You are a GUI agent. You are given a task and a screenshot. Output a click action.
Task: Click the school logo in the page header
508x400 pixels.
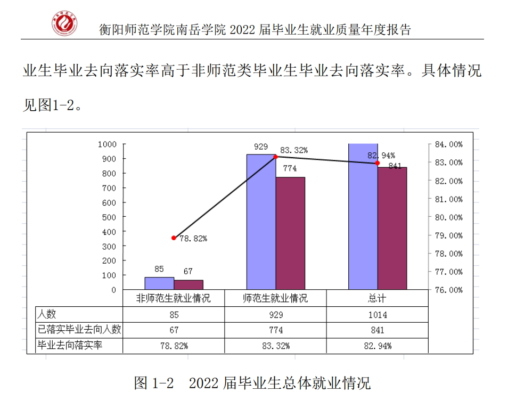point(64,23)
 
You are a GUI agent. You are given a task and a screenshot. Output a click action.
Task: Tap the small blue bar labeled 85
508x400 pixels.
point(159,283)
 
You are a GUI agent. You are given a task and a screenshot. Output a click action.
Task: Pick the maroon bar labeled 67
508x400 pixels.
point(189,285)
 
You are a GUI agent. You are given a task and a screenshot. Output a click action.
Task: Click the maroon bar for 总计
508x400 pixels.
point(392,228)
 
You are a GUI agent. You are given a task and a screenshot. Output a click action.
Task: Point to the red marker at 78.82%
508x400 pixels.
point(174,238)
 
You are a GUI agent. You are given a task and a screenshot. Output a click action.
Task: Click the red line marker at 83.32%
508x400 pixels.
point(276,157)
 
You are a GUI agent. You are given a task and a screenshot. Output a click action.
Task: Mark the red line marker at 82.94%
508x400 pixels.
point(378,163)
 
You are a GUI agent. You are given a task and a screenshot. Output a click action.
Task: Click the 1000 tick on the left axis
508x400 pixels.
point(107,144)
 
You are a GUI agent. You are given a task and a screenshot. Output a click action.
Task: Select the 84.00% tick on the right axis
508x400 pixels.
point(448,144)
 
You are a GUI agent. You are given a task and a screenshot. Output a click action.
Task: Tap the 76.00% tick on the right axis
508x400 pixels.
point(448,290)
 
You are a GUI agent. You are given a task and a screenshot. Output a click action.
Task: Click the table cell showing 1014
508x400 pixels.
point(377,315)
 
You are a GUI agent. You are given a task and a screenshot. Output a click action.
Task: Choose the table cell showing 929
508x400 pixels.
point(275,315)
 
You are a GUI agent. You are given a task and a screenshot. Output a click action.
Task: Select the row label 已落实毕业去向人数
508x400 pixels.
point(79,330)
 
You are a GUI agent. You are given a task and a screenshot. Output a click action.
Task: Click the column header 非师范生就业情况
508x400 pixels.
point(174,298)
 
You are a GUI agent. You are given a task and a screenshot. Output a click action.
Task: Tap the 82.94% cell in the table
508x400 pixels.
point(377,346)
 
